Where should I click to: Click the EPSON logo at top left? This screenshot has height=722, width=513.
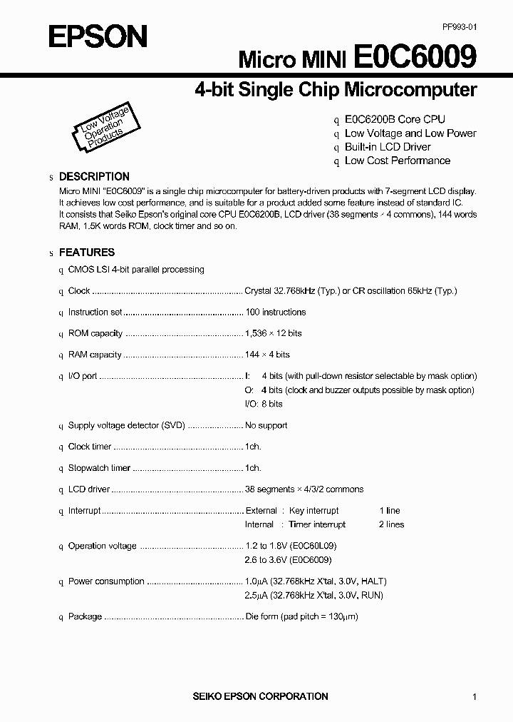(x=98, y=36)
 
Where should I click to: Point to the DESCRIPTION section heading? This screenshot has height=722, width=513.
(x=94, y=176)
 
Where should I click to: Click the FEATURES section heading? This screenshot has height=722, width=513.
(x=86, y=252)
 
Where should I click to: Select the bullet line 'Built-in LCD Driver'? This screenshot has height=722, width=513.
(x=388, y=147)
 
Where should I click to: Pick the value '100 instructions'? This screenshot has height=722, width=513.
(x=275, y=312)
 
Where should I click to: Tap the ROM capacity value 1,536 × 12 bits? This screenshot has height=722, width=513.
(x=273, y=333)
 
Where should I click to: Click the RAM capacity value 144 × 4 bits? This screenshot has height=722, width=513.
(x=267, y=355)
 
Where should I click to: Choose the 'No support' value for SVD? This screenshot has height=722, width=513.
(x=266, y=425)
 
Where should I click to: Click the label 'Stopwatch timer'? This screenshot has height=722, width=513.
(x=99, y=468)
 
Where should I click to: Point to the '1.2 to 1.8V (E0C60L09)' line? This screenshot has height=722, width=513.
(x=289, y=546)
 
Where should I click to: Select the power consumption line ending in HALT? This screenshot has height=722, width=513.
(x=316, y=581)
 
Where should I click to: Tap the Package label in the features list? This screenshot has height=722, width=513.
(x=85, y=616)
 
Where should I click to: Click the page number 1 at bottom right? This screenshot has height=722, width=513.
(x=475, y=697)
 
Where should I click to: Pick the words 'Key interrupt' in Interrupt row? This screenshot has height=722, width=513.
(x=313, y=511)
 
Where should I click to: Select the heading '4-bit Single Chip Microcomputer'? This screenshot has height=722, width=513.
(x=335, y=90)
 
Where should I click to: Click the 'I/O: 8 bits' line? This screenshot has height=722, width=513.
(x=264, y=404)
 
